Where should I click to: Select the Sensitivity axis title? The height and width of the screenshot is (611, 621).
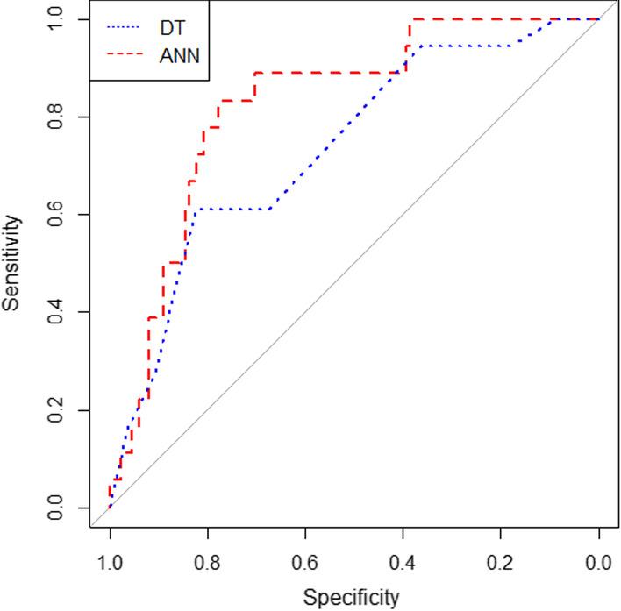click(x=12, y=264)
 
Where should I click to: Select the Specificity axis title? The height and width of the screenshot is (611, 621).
click(x=351, y=598)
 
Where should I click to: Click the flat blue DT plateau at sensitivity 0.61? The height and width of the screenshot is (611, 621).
click(x=232, y=210)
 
